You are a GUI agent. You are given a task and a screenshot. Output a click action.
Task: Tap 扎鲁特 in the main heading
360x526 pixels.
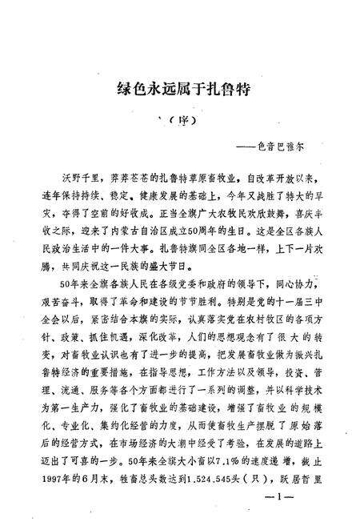(x=228, y=90)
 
